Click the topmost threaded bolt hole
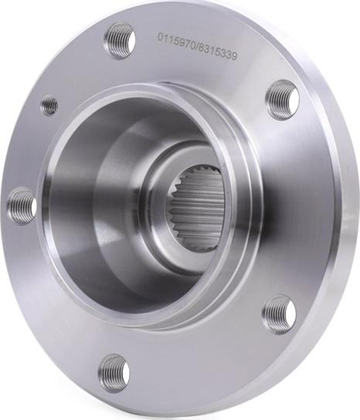pos(119,41)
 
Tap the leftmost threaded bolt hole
pos(22,206)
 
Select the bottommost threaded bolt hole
pos(114,372)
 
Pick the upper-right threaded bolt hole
pos(284,100)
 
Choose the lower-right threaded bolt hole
pos(280,315)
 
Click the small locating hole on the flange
pos(50,105)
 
